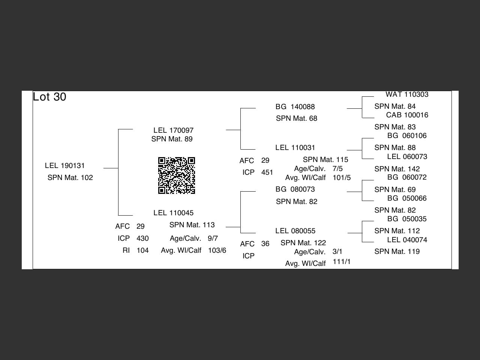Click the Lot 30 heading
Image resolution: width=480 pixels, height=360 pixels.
pos(49,97)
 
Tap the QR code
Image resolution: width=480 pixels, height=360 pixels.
pos(177,175)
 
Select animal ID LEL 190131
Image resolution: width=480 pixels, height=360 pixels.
pos(65,166)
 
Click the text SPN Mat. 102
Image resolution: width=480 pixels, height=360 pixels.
pos(70,178)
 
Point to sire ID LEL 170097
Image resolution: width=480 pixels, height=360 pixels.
pos(173,130)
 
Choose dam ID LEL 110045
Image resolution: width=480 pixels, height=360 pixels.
pos(173,213)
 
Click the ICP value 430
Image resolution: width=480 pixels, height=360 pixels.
pos(142,238)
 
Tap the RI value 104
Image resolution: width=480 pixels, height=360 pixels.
pos(142,250)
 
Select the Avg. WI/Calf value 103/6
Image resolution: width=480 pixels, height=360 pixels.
pos(217,250)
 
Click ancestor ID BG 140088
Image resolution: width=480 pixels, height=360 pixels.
pos(295,107)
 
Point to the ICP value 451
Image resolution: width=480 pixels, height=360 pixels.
pos(267,172)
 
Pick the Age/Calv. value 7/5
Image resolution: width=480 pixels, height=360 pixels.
pos(337,169)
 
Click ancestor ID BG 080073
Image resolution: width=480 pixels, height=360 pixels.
pos(295,189)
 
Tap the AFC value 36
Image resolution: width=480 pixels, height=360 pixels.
pos(265,244)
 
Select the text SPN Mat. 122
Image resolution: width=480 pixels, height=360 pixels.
pos(303,243)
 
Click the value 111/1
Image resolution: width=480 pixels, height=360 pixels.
pos(342,261)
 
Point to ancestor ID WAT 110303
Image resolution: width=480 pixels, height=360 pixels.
pos(407,94)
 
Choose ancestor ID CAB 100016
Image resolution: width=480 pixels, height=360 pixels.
pos(407,115)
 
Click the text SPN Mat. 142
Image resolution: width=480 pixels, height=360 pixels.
pos(397,169)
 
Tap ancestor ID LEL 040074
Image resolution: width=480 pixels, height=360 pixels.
pos(407,240)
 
